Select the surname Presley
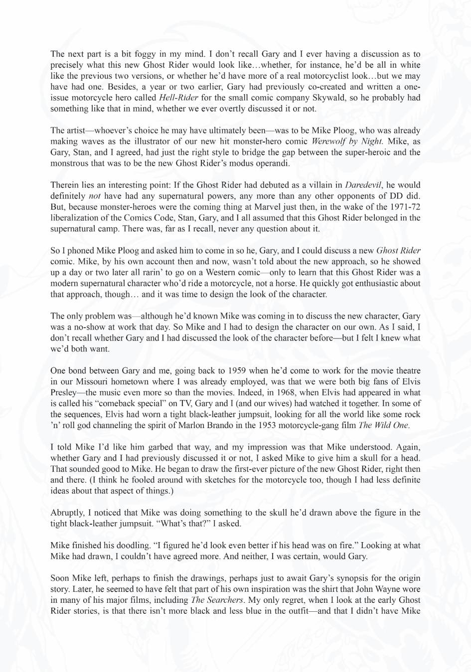pos(65,393)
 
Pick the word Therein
pos(64,185)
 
